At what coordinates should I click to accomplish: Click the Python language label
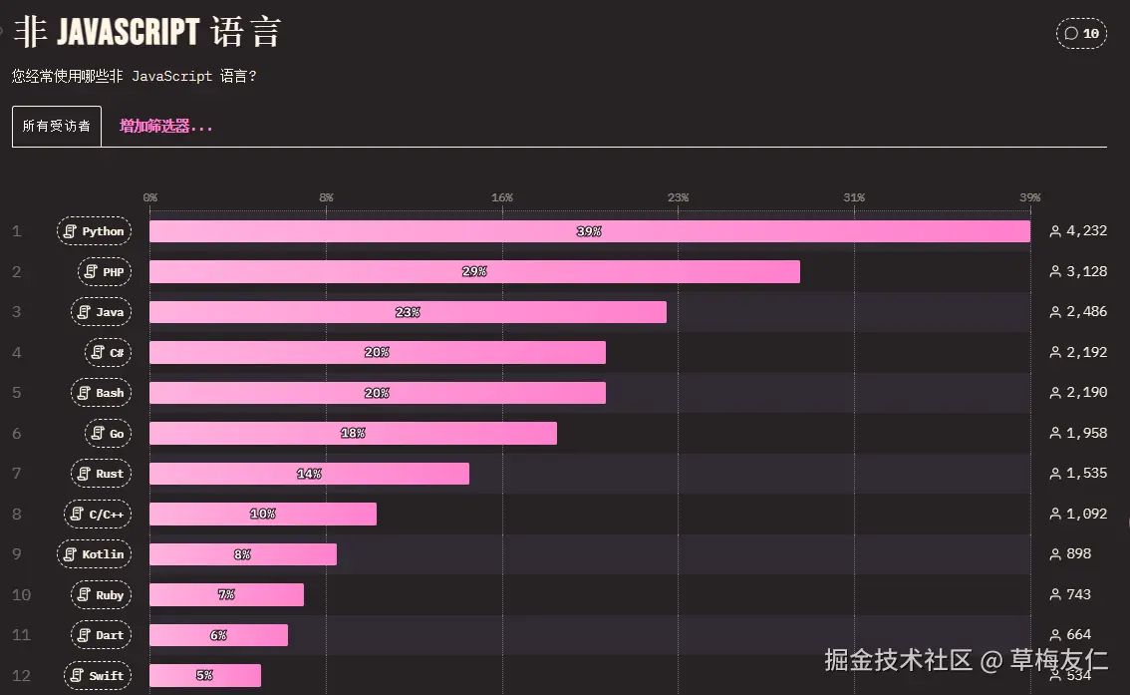pos(95,231)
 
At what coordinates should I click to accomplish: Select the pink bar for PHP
pos(474,272)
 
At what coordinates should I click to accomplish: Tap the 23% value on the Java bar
pos(408,312)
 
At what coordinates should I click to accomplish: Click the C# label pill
pos(109,352)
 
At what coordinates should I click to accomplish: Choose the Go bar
pos(353,434)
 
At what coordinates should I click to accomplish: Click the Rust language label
pos(101,474)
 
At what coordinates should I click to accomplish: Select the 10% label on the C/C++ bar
pos(263,515)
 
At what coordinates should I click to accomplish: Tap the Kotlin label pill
pos(95,554)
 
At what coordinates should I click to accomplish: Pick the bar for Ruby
pos(226,595)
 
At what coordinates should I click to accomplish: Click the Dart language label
pos(101,635)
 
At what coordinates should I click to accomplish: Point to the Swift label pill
pos(98,676)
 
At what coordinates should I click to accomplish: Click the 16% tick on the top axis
pos(502,197)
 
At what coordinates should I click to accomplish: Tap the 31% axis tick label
pos(854,197)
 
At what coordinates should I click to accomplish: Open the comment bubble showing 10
pos(1081,34)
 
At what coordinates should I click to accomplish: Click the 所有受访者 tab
pos(57,127)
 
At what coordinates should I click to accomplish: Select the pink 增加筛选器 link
pos(166,127)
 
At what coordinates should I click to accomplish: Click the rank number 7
pos(16,474)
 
